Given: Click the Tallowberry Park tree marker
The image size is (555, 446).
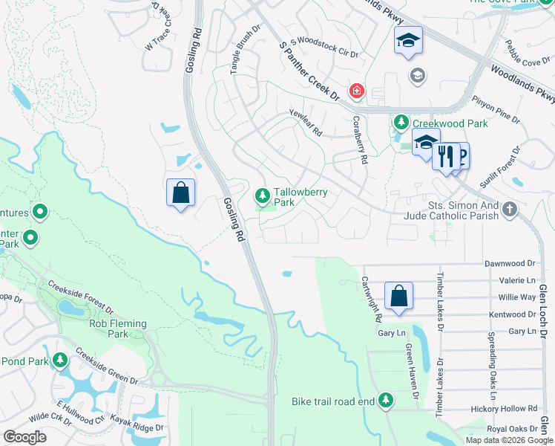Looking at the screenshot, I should click(x=261, y=195).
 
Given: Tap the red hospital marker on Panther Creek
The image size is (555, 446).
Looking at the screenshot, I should click(x=357, y=91).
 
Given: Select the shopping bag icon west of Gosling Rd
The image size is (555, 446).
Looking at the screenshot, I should click(x=180, y=193).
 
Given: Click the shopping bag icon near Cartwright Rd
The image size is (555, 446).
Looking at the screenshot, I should click(x=398, y=295).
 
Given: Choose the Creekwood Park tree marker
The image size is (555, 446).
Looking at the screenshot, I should click(x=401, y=120).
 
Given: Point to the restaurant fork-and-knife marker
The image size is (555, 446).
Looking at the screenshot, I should click(x=445, y=156).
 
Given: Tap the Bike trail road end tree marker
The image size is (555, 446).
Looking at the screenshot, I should click(x=385, y=401).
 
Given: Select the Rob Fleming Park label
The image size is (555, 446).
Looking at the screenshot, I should click(x=119, y=329).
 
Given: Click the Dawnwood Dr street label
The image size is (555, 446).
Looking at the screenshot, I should click(x=509, y=263).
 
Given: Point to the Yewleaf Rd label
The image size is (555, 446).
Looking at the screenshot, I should click(x=306, y=123).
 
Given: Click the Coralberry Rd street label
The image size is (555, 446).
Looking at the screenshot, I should click(x=360, y=139).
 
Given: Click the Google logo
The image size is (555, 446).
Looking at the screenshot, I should click(x=25, y=437).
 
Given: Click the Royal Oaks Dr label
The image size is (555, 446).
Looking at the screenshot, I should click(x=512, y=429).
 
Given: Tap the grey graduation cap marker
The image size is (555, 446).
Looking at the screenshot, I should click(x=417, y=74).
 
